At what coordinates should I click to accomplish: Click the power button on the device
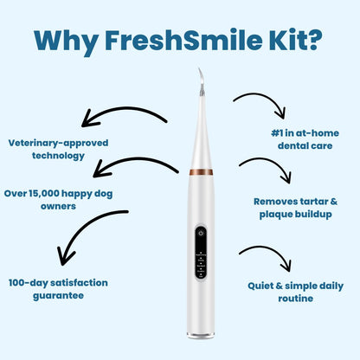(x=200, y=233)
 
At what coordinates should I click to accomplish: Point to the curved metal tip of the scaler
(x=198, y=82)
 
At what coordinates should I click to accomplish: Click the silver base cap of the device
(x=201, y=333)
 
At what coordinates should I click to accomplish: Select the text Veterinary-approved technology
(x=47, y=149)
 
